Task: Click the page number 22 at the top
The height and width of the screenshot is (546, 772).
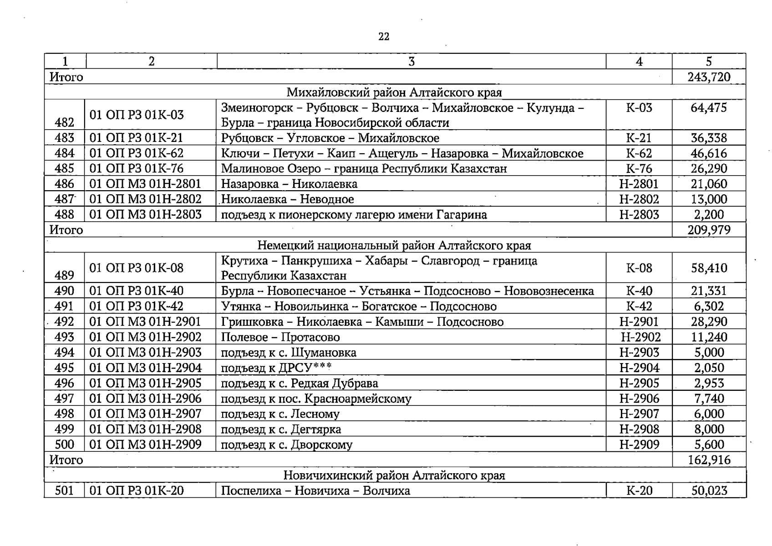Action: [384, 37]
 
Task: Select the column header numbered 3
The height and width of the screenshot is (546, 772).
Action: [411, 61]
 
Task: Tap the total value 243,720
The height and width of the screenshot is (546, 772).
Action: [709, 77]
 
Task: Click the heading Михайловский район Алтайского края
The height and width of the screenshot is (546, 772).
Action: [394, 92]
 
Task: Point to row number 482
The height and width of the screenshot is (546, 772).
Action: [64, 122]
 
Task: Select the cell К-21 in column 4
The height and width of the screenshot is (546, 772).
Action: [639, 138]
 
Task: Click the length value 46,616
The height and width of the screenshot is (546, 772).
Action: [709, 153]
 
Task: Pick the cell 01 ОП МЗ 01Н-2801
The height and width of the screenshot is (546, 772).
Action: [145, 184]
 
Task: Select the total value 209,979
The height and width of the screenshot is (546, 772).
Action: [709, 230]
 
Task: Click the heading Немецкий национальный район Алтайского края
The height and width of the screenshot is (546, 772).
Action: [394, 246]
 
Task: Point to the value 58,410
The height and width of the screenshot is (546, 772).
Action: [709, 268]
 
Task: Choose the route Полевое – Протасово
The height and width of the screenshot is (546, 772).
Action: [280, 337]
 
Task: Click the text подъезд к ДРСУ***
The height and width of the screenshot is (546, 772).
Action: [276, 368]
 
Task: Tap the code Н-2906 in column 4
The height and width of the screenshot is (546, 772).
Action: [639, 399]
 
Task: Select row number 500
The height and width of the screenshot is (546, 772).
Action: [64, 445]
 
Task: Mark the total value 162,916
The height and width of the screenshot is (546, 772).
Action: [709, 460]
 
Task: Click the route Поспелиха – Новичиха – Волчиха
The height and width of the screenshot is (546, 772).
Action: [315, 491]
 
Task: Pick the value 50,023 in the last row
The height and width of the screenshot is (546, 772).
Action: [709, 491]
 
